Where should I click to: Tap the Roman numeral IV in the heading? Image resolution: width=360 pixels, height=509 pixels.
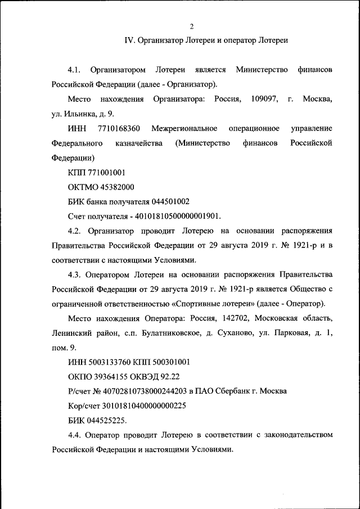[x=128, y=40]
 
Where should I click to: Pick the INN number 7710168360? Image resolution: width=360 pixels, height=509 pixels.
[x=119, y=129]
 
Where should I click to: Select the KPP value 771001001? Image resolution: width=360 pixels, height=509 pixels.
[x=107, y=173]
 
